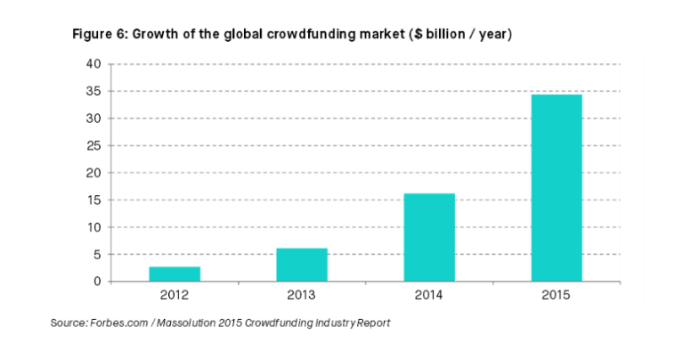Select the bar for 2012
pyautogui.click(x=175, y=274)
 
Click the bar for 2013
pyautogui.click(x=302, y=265)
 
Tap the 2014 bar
pyautogui.click(x=429, y=237)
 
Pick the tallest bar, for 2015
pyautogui.click(x=557, y=187)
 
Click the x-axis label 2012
pyautogui.click(x=175, y=296)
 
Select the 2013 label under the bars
pyautogui.click(x=302, y=296)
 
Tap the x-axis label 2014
pyautogui.click(x=429, y=296)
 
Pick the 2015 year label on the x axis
pyautogui.click(x=557, y=296)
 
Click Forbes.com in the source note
pyautogui.click(x=123, y=323)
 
